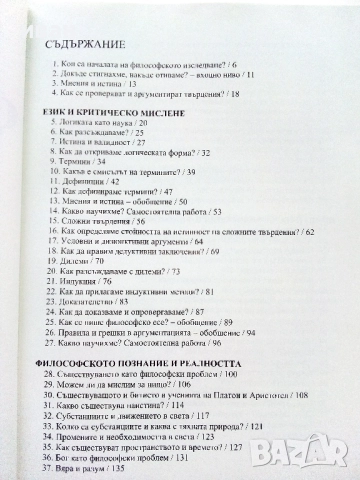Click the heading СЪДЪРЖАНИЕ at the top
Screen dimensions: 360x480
pos(83,46)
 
